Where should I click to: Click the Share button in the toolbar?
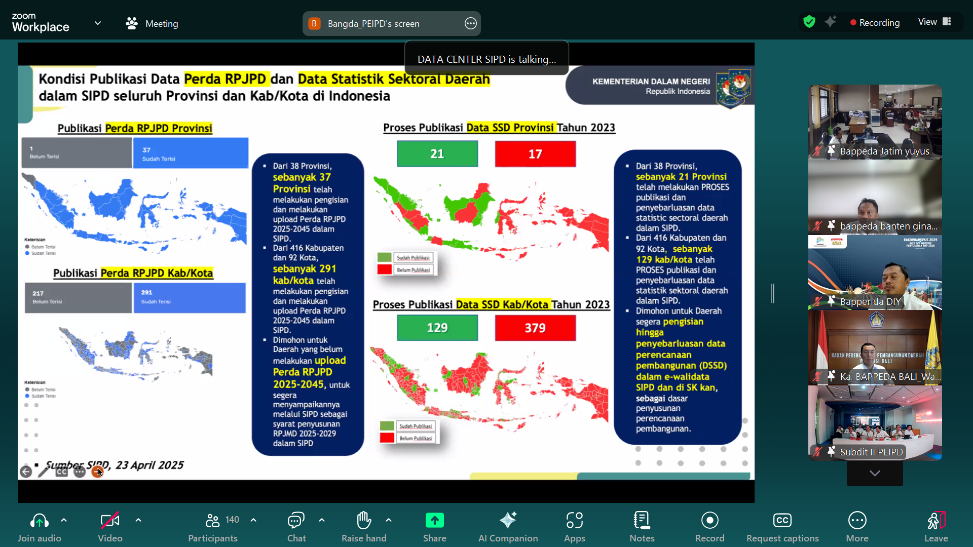click(x=434, y=527)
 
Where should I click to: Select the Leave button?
click(x=935, y=527)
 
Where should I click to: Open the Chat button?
click(x=296, y=527)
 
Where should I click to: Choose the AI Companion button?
click(x=508, y=527)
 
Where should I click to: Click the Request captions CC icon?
click(x=782, y=520)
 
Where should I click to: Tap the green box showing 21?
click(x=437, y=154)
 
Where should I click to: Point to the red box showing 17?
click(x=535, y=154)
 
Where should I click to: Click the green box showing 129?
click(x=437, y=328)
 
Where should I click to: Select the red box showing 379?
click(x=535, y=328)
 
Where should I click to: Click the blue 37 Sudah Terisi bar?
click(x=191, y=153)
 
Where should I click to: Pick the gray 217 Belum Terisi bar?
click(x=78, y=297)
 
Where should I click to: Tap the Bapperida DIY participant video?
click(x=875, y=272)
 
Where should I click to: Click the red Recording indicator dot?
click(x=853, y=23)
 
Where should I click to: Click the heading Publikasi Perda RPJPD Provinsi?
click(x=135, y=128)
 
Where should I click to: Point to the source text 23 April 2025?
click(x=149, y=465)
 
